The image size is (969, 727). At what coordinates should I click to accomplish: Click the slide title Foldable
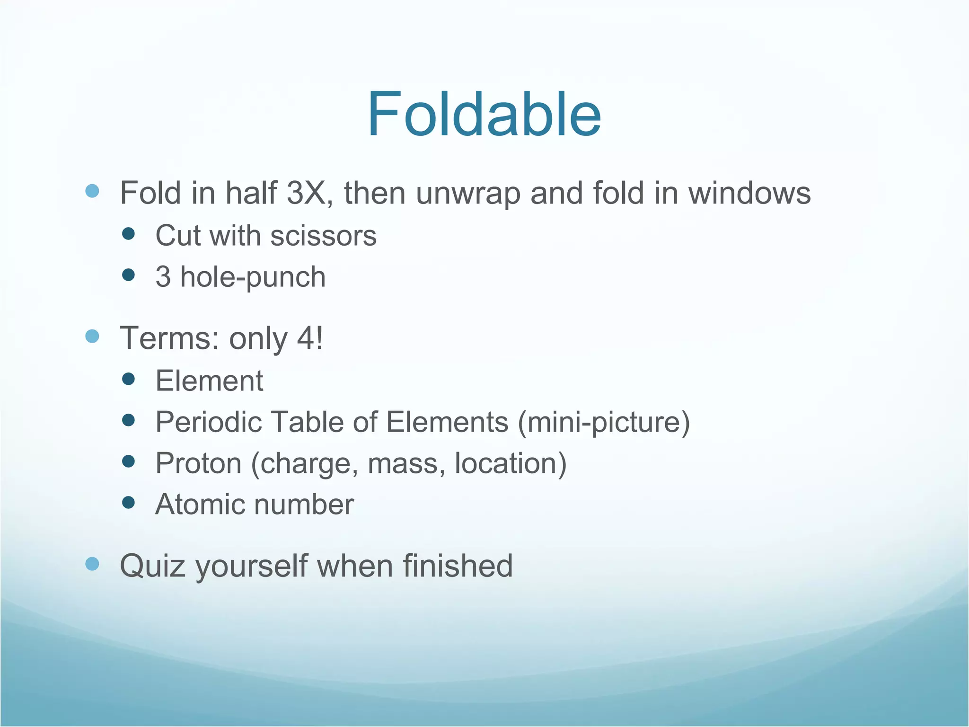[484, 115]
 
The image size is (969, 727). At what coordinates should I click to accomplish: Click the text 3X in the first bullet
[306, 193]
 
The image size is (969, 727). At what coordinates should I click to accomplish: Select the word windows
[749, 193]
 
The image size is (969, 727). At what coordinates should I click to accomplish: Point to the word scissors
[323, 236]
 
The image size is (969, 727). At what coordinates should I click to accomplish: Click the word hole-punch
[253, 277]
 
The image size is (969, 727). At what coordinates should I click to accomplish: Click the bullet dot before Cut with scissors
[128, 234]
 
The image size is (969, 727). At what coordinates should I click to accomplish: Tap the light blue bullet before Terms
[92, 336]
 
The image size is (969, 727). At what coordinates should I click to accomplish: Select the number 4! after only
[310, 338]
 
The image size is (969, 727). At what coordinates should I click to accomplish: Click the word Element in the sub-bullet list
[209, 381]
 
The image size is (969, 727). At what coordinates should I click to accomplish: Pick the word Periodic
[208, 422]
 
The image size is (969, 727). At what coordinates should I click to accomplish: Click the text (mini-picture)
[604, 422]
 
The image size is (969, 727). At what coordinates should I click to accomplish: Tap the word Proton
[198, 463]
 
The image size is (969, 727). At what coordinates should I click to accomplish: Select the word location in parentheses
[506, 463]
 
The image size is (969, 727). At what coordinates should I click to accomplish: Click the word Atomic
[198, 505]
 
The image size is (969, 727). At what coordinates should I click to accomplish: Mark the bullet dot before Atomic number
[128, 502]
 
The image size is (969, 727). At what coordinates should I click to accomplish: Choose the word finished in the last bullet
[458, 566]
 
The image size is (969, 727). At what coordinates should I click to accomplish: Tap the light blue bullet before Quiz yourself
[92, 563]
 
